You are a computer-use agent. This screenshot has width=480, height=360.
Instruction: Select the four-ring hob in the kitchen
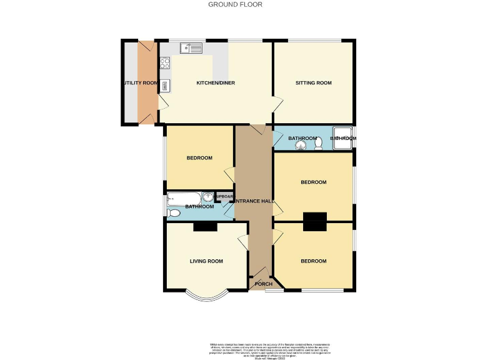click(x=166, y=62)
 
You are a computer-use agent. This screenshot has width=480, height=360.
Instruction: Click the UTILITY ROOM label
click(x=140, y=83)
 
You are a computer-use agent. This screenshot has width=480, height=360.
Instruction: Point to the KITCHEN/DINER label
click(x=216, y=83)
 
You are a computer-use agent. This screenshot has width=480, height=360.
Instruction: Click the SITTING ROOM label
click(x=314, y=83)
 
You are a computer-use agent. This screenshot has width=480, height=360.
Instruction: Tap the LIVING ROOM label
click(x=206, y=261)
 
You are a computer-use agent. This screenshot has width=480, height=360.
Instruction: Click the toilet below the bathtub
click(x=174, y=214)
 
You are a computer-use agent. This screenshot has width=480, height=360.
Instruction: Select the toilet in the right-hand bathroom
click(x=319, y=144)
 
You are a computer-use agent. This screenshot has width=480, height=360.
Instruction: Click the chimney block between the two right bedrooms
click(x=315, y=221)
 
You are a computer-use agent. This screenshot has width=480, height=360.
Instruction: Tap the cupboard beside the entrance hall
click(x=224, y=197)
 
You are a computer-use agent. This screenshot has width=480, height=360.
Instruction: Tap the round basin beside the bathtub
click(x=207, y=199)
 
